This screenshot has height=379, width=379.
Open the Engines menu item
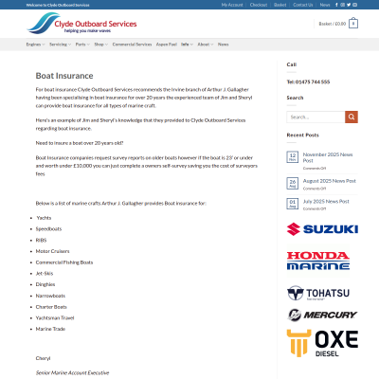[33, 44]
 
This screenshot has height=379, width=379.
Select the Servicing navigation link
[59, 44]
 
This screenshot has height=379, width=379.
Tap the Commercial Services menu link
[132, 44]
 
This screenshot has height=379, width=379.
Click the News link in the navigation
[224, 44]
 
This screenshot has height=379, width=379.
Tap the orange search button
[352, 117]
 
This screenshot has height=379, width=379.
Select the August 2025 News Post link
[329, 180]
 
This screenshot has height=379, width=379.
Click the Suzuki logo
[322, 229]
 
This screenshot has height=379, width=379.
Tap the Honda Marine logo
[317, 261]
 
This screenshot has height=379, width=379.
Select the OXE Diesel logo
[322, 343]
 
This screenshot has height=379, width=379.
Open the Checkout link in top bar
[258, 5]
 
